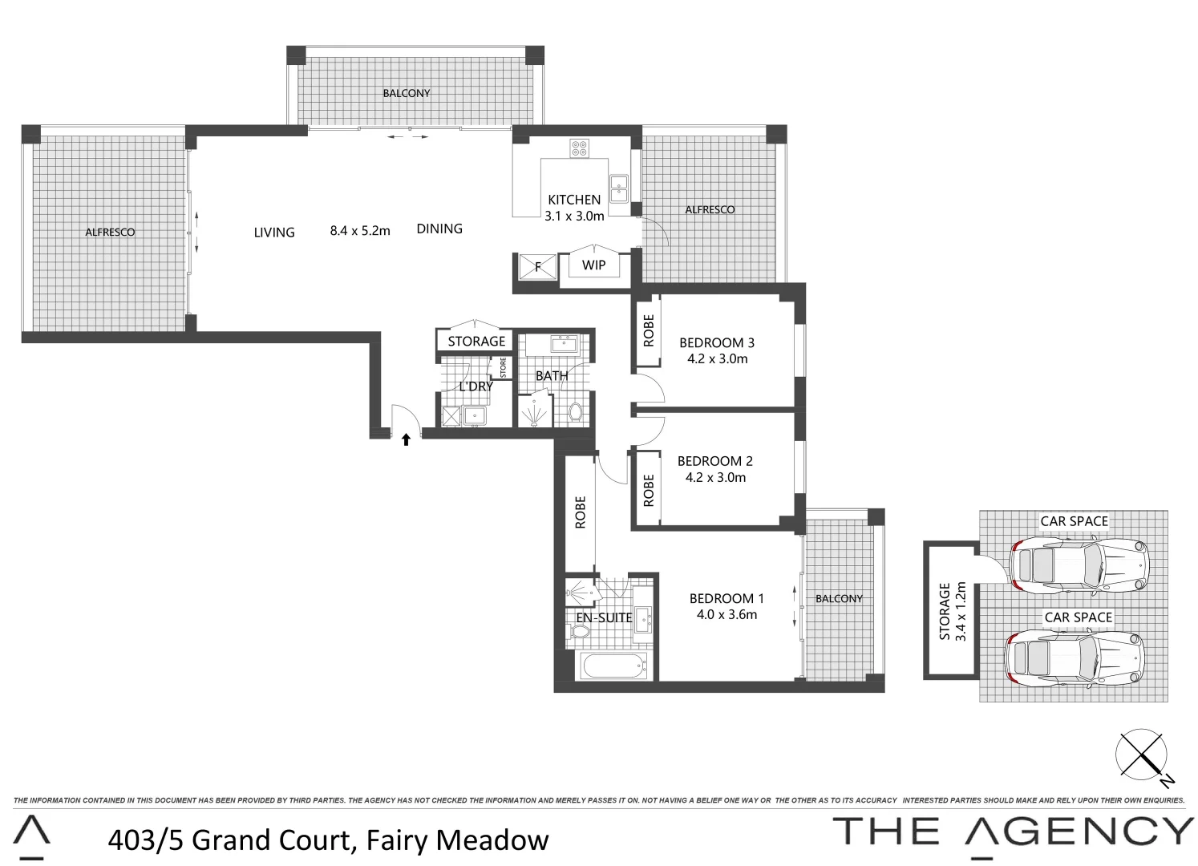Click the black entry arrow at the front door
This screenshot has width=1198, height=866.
click(x=406, y=439)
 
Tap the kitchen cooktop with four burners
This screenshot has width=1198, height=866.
click(x=579, y=148)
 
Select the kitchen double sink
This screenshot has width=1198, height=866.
click(x=619, y=188)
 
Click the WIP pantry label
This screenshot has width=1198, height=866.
click(x=593, y=265)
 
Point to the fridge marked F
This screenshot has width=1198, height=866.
click(x=537, y=266)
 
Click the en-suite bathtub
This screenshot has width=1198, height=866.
click(x=613, y=666)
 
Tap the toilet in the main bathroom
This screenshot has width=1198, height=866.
click(x=575, y=413)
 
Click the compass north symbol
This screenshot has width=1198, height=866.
click(x=1141, y=755)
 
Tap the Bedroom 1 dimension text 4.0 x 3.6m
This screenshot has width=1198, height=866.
click(x=726, y=615)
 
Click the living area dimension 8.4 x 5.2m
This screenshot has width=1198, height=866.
click(x=360, y=231)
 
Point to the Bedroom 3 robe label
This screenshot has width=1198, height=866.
click(x=649, y=330)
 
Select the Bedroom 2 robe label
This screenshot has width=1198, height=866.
click(x=649, y=490)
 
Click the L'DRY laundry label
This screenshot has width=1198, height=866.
click(x=476, y=386)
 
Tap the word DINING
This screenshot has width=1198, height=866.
click(x=439, y=229)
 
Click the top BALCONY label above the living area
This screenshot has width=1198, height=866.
click(x=407, y=93)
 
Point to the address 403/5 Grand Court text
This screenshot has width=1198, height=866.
click(x=328, y=840)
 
